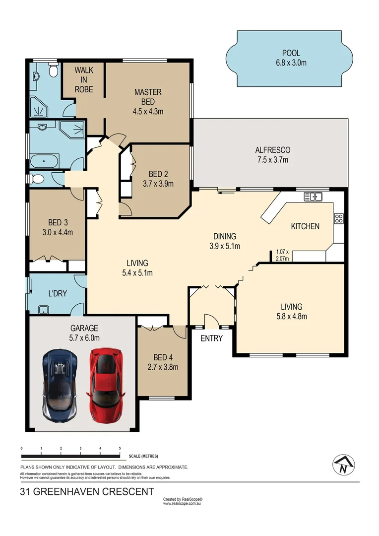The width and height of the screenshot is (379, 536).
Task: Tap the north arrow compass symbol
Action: (343, 465)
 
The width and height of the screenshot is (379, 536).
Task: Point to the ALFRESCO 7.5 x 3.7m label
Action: (272, 154)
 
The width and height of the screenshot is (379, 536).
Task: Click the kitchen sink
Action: (313, 197)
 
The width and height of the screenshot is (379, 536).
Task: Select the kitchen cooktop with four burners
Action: (339, 218)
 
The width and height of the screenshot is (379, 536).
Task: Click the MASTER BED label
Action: (148, 101)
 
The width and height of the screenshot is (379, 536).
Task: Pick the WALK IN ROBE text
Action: (84, 79)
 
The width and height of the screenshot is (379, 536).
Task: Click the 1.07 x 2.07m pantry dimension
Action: (282, 255)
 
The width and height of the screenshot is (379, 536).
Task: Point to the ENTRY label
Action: (211, 338)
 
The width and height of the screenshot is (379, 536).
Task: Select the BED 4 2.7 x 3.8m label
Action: (163, 362)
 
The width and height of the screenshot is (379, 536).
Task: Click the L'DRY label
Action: (57, 294)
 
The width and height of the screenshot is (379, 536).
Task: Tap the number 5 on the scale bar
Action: (120, 448)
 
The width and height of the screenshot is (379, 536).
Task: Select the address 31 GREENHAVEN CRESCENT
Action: (87, 492)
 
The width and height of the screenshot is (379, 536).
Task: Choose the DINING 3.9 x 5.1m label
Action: (225, 241)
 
